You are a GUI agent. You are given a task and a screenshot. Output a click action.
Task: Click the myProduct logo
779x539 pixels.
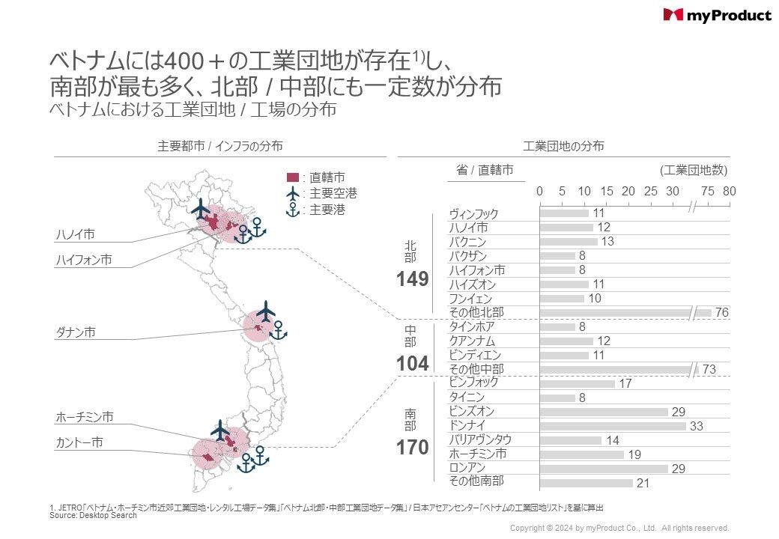(x=717, y=15)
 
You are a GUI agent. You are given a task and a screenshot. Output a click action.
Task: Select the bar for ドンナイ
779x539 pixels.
(x=613, y=426)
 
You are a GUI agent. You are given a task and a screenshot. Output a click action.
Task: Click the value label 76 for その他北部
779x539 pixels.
(x=722, y=312)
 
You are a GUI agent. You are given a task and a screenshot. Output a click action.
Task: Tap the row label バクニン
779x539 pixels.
(x=467, y=243)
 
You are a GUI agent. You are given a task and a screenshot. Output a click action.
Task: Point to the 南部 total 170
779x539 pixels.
(x=413, y=448)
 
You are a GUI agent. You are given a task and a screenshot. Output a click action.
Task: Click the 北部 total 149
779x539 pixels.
(x=413, y=279)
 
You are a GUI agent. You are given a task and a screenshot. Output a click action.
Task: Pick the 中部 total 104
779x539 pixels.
(x=413, y=364)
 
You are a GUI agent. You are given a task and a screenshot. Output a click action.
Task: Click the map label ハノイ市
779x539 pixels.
(x=76, y=234)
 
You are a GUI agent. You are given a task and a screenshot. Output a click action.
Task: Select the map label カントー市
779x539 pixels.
(x=79, y=442)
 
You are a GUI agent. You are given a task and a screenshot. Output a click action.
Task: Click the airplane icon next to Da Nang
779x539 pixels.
(x=266, y=311)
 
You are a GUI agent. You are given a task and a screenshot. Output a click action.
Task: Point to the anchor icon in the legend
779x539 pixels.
(x=292, y=210)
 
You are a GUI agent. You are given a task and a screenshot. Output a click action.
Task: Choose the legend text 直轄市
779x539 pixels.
(x=327, y=177)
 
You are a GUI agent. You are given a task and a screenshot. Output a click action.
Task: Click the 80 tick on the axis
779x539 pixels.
(x=730, y=191)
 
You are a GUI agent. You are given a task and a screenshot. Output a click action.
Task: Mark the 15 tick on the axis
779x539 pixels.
(x=607, y=191)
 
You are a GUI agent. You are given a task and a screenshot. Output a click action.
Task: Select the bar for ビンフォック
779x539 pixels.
(x=577, y=383)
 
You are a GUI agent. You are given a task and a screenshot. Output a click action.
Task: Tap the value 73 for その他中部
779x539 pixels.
(x=709, y=369)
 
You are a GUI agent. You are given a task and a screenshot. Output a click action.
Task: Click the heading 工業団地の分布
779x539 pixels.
(x=563, y=147)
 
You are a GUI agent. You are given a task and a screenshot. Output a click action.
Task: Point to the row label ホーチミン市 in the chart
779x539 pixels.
(x=477, y=454)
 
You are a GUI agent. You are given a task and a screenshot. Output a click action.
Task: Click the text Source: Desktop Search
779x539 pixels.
(x=93, y=515)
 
